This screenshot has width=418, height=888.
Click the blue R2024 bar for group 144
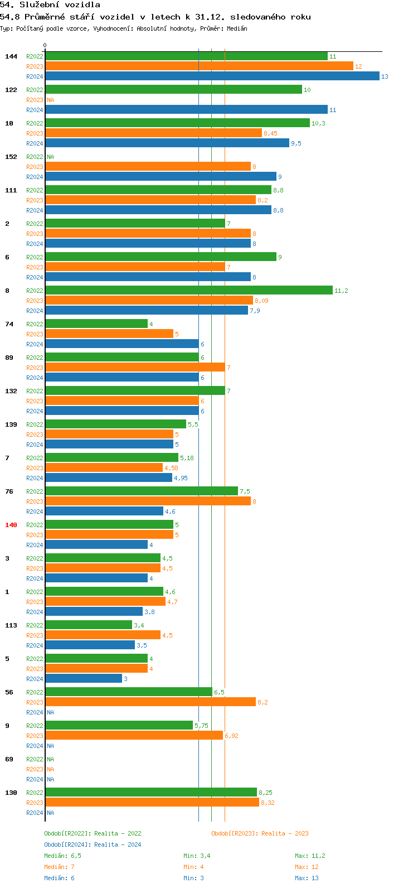click(212, 76)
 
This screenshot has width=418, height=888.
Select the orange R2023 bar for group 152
click(148, 167)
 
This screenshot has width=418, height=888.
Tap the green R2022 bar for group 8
click(188, 291)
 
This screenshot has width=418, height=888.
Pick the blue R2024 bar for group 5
click(84, 679)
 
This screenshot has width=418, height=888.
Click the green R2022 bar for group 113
click(89, 625)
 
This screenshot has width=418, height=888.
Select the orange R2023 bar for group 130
click(152, 803)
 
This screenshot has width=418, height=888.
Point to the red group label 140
click(11, 525)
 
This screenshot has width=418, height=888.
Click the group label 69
click(9, 759)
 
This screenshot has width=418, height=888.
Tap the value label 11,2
click(341, 291)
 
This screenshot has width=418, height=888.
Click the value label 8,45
click(270, 133)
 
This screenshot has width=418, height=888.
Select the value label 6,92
click(231, 736)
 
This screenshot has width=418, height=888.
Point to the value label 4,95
click(181, 478)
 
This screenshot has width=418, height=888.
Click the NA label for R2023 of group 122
click(50, 100)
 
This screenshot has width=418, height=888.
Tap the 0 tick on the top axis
click(45, 46)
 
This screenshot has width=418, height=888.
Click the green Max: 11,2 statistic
click(310, 856)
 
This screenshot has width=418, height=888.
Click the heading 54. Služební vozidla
click(50, 5)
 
